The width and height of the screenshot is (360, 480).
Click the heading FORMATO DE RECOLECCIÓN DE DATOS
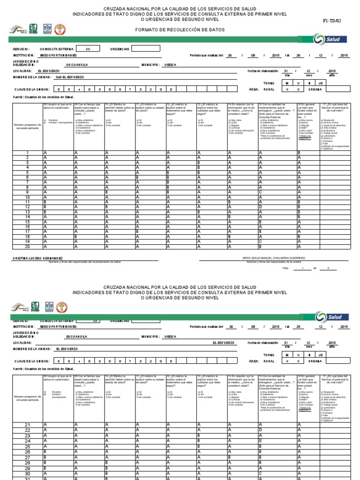coord(180,30)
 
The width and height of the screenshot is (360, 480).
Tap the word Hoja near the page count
coord(286,268)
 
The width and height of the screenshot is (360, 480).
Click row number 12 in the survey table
coord(27,207)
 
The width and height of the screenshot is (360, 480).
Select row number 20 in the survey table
coord(27,246)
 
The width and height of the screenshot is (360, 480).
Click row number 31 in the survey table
coord(27,478)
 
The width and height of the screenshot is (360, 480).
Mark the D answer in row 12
coord(260,207)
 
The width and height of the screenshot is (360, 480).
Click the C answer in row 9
coord(260,192)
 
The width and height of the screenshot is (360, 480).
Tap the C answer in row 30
coord(260,473)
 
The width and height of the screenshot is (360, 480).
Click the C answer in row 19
coord(260,241)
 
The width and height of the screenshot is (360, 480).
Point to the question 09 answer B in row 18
coord(76,236)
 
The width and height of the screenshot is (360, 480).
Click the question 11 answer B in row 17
coord(137,231)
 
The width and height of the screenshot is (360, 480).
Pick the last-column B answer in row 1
coord(299,153)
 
